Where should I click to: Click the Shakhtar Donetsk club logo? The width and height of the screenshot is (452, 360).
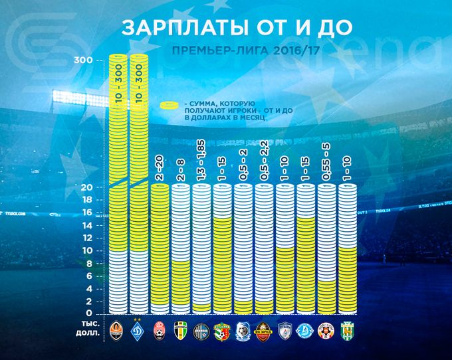pyautogui.click(x=118, y=329)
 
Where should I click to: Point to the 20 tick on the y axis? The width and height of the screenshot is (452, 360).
pyautogui.click(x=86, y=187)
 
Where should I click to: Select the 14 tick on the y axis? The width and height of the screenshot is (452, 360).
pyautogui.click(x=86, y=226)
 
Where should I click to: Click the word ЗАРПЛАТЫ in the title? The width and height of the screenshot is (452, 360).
pyautogui.click(x=173, y=29)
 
